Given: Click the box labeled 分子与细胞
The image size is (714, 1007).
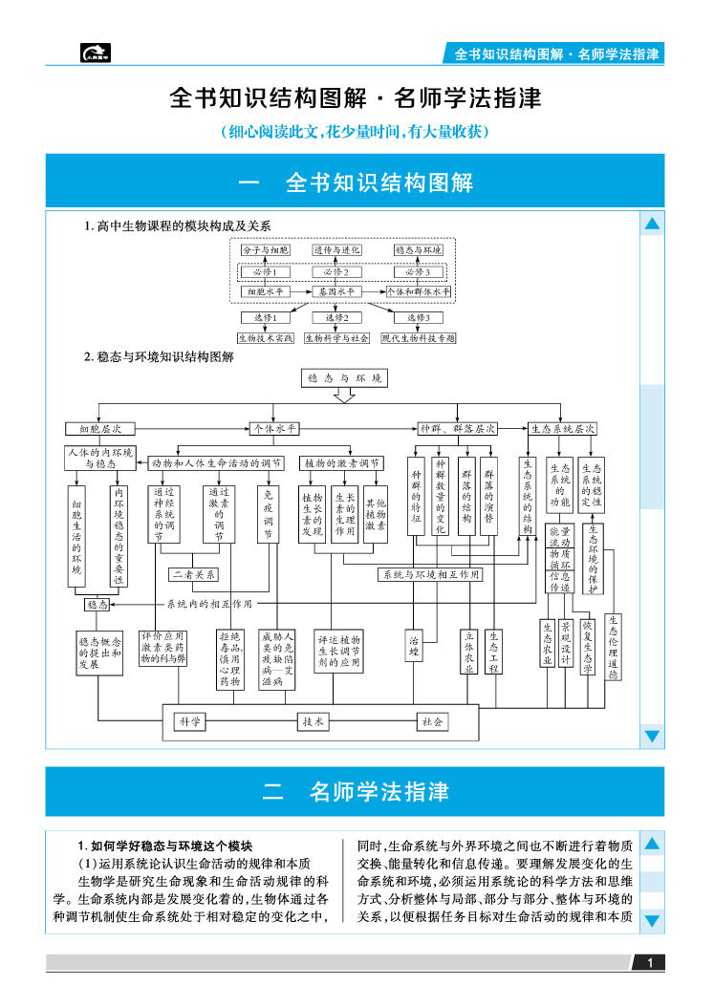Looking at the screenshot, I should coord(265,249).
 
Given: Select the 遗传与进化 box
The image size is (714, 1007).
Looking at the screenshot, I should coord(337,249).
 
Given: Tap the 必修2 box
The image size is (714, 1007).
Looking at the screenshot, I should coord(337,271).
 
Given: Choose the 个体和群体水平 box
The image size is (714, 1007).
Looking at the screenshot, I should coord(418,291).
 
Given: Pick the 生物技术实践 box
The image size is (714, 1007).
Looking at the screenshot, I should coord(266,337).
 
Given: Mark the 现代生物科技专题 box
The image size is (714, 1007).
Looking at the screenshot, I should coord(418,337).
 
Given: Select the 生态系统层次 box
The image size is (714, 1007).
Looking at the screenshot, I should coord(563,429).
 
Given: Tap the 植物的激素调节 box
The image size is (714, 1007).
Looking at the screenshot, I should coord(342,462).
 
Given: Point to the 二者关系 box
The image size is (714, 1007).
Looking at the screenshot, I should coord(194,574).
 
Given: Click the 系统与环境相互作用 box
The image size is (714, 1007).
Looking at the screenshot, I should coord(430,574).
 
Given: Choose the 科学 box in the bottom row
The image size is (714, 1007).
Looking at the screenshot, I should coord(189,722).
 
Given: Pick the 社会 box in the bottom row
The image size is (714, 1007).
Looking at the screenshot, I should coord(432,722).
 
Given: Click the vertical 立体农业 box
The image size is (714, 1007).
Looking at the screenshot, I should coord(468,652).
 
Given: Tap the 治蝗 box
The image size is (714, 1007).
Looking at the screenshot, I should coord(414,644).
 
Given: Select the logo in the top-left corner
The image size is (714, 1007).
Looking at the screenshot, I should coord(96,54).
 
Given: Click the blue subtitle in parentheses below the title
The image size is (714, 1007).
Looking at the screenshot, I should coord(356,132).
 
